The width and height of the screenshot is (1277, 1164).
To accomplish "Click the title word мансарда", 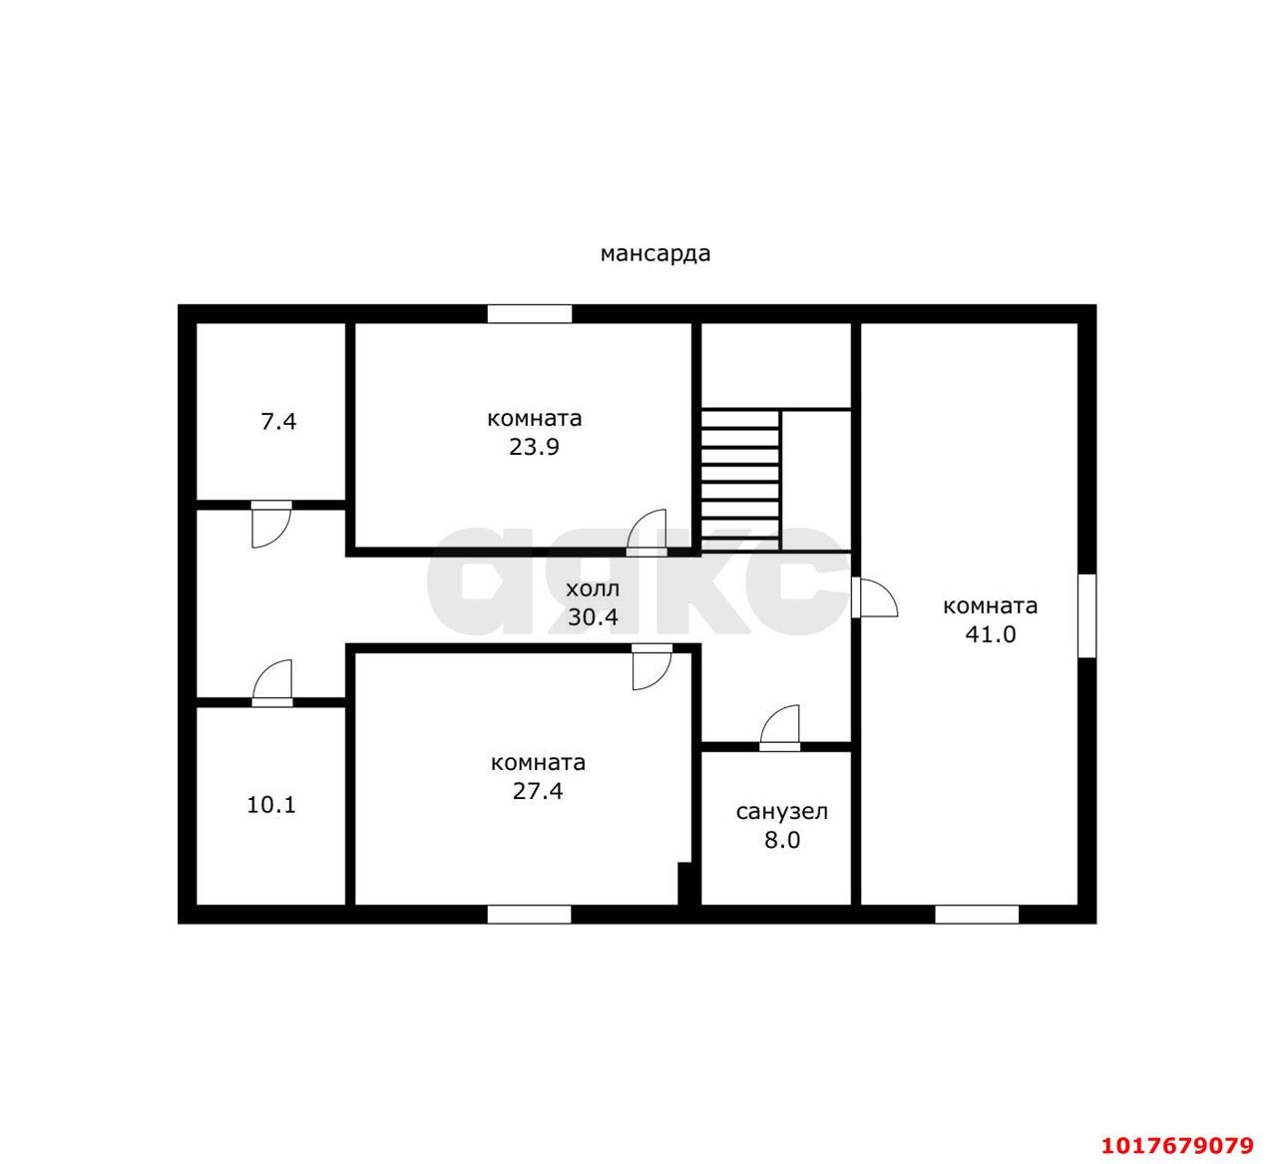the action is tap(655, 254).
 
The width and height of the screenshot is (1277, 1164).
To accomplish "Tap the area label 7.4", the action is tap(278, 422).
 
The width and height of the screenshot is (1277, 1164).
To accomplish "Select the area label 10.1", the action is tap(271, 805).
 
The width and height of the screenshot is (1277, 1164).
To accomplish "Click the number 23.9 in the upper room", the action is tap(534, 448).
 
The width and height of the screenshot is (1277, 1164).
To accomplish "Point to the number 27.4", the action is tap(538, 791).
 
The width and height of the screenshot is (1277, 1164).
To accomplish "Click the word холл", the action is tap(593, 589).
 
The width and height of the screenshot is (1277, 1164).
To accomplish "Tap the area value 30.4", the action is tap(593, 617).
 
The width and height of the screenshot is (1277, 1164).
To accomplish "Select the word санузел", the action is tap(782, 812).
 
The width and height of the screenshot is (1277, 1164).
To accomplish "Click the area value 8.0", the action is tap(782, 840).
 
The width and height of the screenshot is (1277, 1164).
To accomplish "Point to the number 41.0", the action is tap(991, 634).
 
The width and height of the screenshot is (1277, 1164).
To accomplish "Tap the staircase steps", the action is tap(740, 480).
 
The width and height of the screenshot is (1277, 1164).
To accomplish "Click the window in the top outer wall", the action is tap(530, 314).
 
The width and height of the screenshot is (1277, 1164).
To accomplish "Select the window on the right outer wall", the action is tap(1086, 615).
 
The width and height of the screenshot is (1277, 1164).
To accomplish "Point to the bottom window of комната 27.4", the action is tap(529, 915).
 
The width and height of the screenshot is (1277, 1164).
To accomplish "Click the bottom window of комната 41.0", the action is tap(977, 915).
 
